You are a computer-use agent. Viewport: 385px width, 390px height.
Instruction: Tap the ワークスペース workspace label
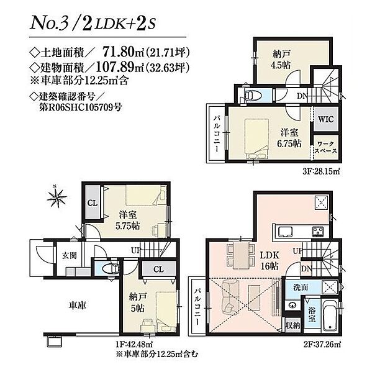point(325,147)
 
